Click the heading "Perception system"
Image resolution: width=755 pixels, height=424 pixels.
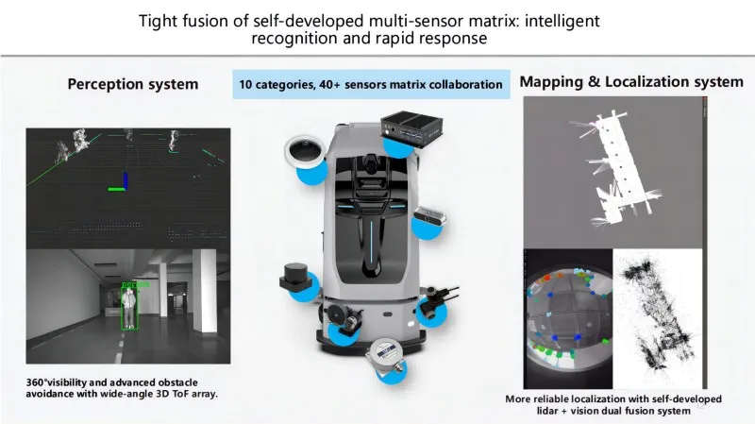pyautogui.click(x=133, y=84)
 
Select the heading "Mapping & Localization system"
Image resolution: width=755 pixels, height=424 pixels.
pyautogui.click(x=631, y=82)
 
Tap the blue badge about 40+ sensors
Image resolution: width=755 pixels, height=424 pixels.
pyautogui.click(x=370, y=84)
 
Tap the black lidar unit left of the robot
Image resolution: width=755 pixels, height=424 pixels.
pyautogui.click(x=292, y=279)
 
